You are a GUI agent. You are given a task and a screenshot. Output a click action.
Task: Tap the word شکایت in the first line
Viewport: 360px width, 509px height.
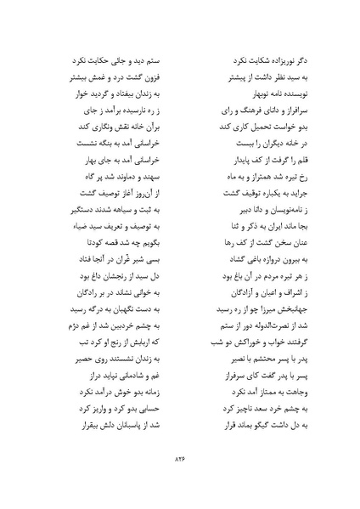255,63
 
